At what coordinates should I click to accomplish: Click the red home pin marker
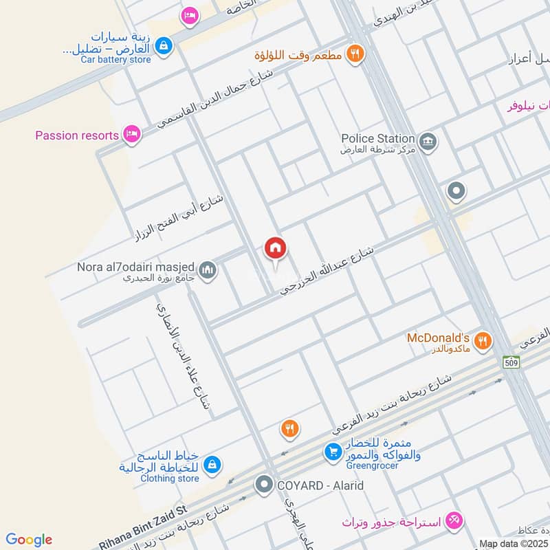tap(275, 250)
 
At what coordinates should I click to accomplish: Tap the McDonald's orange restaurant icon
tap(484, 340)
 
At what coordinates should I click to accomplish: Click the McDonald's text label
tap(438, 338)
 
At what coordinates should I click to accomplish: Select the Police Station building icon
tap(429, 142)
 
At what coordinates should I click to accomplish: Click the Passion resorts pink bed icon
tap(133, 134)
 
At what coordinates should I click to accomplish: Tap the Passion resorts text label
tap(77, 135)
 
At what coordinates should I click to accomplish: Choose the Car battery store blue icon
tap(164, 46)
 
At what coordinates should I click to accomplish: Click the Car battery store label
tap(115, 60)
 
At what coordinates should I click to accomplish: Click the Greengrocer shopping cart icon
tap(333, 452)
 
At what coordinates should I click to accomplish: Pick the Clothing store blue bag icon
tap(212, 465)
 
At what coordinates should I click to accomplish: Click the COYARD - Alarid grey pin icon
tap(263, 485)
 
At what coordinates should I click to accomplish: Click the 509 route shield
tap(511, 362)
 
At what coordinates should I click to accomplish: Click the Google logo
tap(29, 540)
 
